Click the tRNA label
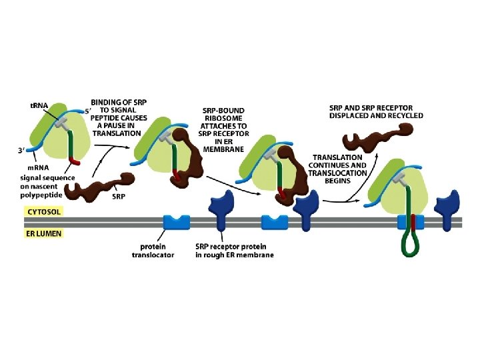[x=39, y=105]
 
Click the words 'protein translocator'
[x=153, y=251]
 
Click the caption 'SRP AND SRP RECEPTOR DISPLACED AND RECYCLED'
[x=376, y=111]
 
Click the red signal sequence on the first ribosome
[x=75, y=161]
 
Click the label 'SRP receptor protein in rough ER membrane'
[x=234, y=251]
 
